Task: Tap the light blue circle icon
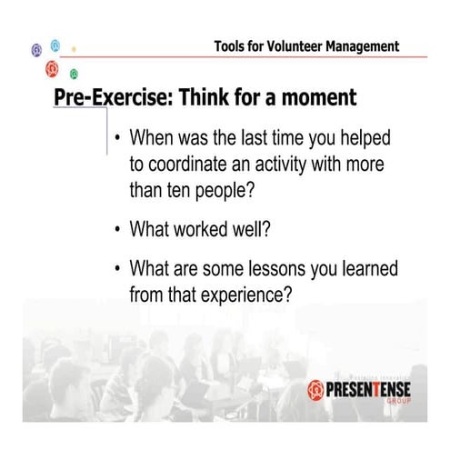pos(55,45)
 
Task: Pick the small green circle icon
pos(74,73)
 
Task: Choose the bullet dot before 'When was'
pos(117,142)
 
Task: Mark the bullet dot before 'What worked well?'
pos(117,229)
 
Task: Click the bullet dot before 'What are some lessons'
pos(117,270)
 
